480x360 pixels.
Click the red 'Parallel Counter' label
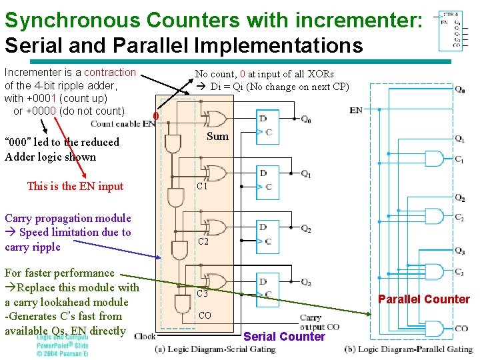pyautogui.click(x=424, y=299)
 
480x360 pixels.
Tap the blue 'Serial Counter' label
pyautogui.click(x=284, y=336)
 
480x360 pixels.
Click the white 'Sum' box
pyautogui.click(x=217, y=137)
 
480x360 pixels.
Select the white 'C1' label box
pyautogui.click(x=202, y=187)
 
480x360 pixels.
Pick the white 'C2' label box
pyautogui.click(x=203, y=242)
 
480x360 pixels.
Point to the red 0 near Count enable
pyautogui.click(x=155, y=118)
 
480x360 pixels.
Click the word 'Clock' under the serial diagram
pyautogui.click(x=145, y=336)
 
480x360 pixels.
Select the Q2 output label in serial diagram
pyautogui.click(x=305, y=229)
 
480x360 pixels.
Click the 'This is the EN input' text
pyautogui.click(x=75, y=186)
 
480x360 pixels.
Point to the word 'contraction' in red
pyautogui.click(x=110, y=72)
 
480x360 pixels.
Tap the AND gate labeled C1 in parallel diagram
pyautogui.click(x=434, y=158)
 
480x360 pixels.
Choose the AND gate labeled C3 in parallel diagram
pyautogui.click(x=434, y=271)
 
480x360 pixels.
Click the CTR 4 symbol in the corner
pyautogui.click(x=451, y=30)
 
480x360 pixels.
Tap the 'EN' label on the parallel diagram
pyautogui.click(x=356, y=110)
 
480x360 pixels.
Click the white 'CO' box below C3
pyautogui.click(x=205, y=315)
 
